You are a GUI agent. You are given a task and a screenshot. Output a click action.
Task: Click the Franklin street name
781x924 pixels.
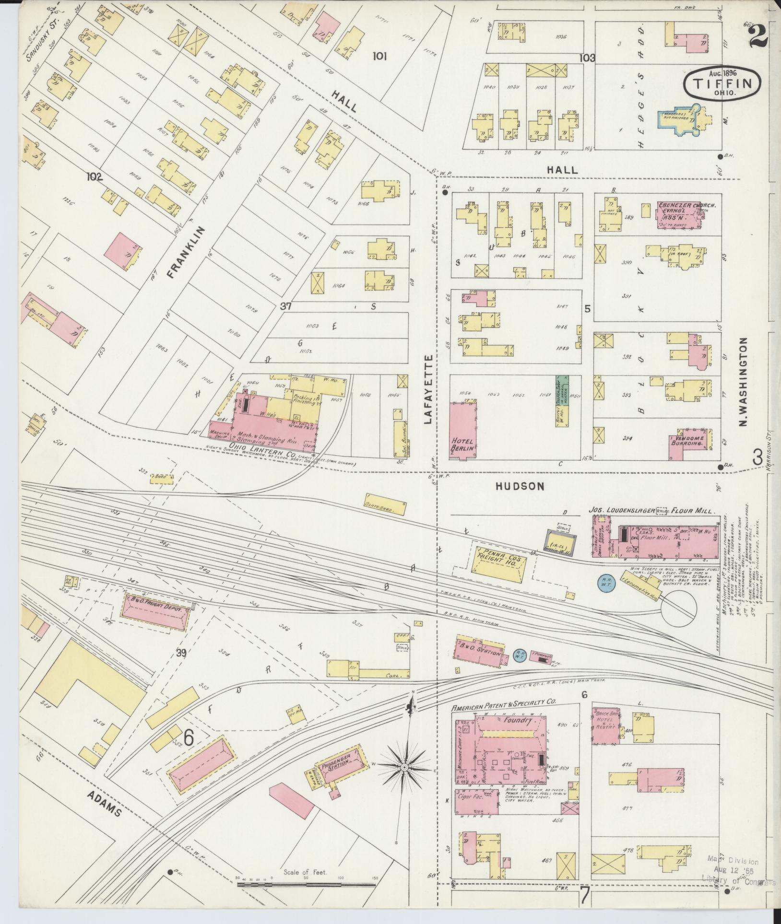pos(187,252)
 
